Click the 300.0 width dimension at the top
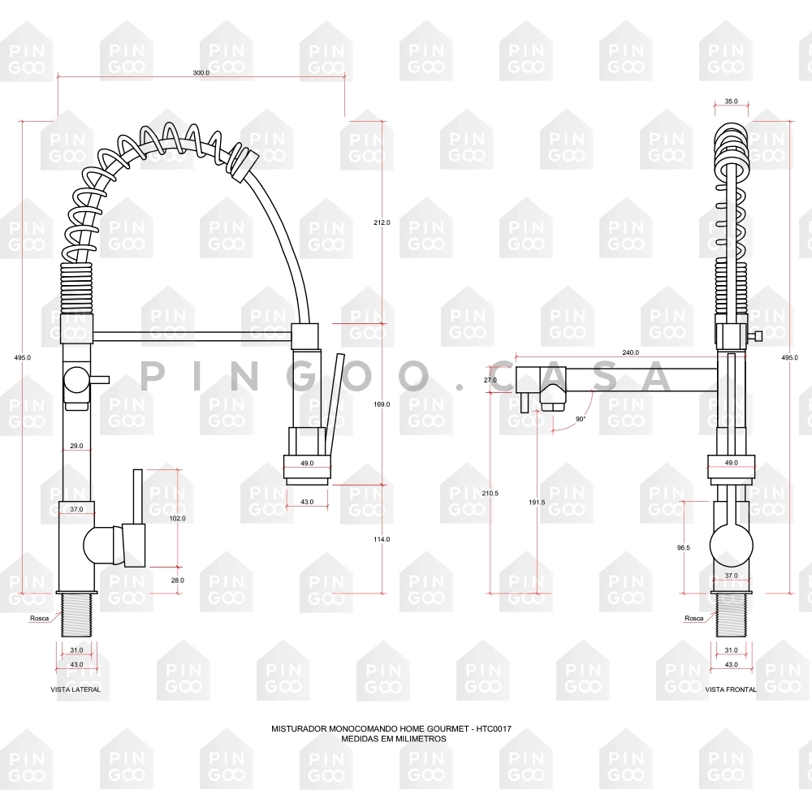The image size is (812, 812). pyautogui.click(x=201, y=73)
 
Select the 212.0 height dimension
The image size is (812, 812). pyautogui.click(x=382, y=222)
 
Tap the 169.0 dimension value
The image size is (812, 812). pyautogui.click(x=382, y=404)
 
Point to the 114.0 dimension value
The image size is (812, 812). pyautogui.click(x=382, y=540)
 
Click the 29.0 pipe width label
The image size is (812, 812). pyautogui.click(x=76, y=446)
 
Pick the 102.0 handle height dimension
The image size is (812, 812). pyautogui.click(x=178, y=518)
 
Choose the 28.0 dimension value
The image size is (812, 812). pyautogui.click(x=178, y=581)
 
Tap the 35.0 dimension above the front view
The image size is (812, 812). pyautogui.click(x=732, y=101)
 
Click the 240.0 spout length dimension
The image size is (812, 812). pyautogui.click(x=630, y=352)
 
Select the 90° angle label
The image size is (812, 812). pyautogui.click(x=581, y=419)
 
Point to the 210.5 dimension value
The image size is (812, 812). pyautogui.click(x=490, y=494)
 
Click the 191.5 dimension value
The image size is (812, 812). pyautogui.click(x=537, y=503)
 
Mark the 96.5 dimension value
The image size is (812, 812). pyautogui.click(x=684, y=547)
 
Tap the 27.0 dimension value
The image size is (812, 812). pyautogui.click(x=490, y=380)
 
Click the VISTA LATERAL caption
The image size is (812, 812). pyautogui.click(x=76, y=689)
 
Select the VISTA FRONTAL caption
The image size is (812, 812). pyautogui.click(x=731, y=689)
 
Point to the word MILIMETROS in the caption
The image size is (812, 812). pyautogui.click(x=421, y=739)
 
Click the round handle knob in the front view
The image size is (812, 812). pyautogui.click(x=732, y=546)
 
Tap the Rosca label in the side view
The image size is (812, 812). pyautogui.click(x=39, y=618)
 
